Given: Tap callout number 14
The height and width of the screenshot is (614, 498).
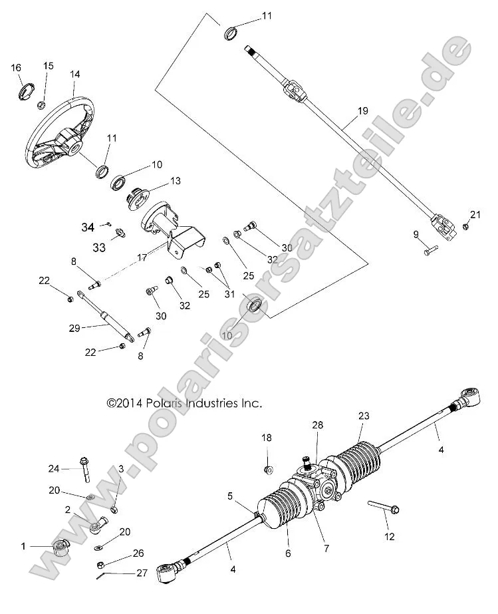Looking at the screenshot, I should (x=74, y=75).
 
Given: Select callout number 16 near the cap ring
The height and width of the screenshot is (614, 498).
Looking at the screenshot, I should (x=16, y=68).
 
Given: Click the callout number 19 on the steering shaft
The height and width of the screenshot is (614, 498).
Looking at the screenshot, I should (x=362, y=112).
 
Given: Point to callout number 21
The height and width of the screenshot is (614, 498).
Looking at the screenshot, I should (x=474, y=214).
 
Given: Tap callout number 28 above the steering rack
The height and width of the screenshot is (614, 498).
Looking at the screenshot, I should (x=317, y=424).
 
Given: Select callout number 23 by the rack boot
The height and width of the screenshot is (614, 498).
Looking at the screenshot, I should (x=364, y=416).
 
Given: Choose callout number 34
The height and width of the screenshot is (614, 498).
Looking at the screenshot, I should (x=88, y=228).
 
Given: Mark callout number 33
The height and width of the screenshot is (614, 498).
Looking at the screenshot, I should (x=98, y=247).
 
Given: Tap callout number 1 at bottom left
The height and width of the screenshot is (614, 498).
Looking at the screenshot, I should (x=23, y=546).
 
